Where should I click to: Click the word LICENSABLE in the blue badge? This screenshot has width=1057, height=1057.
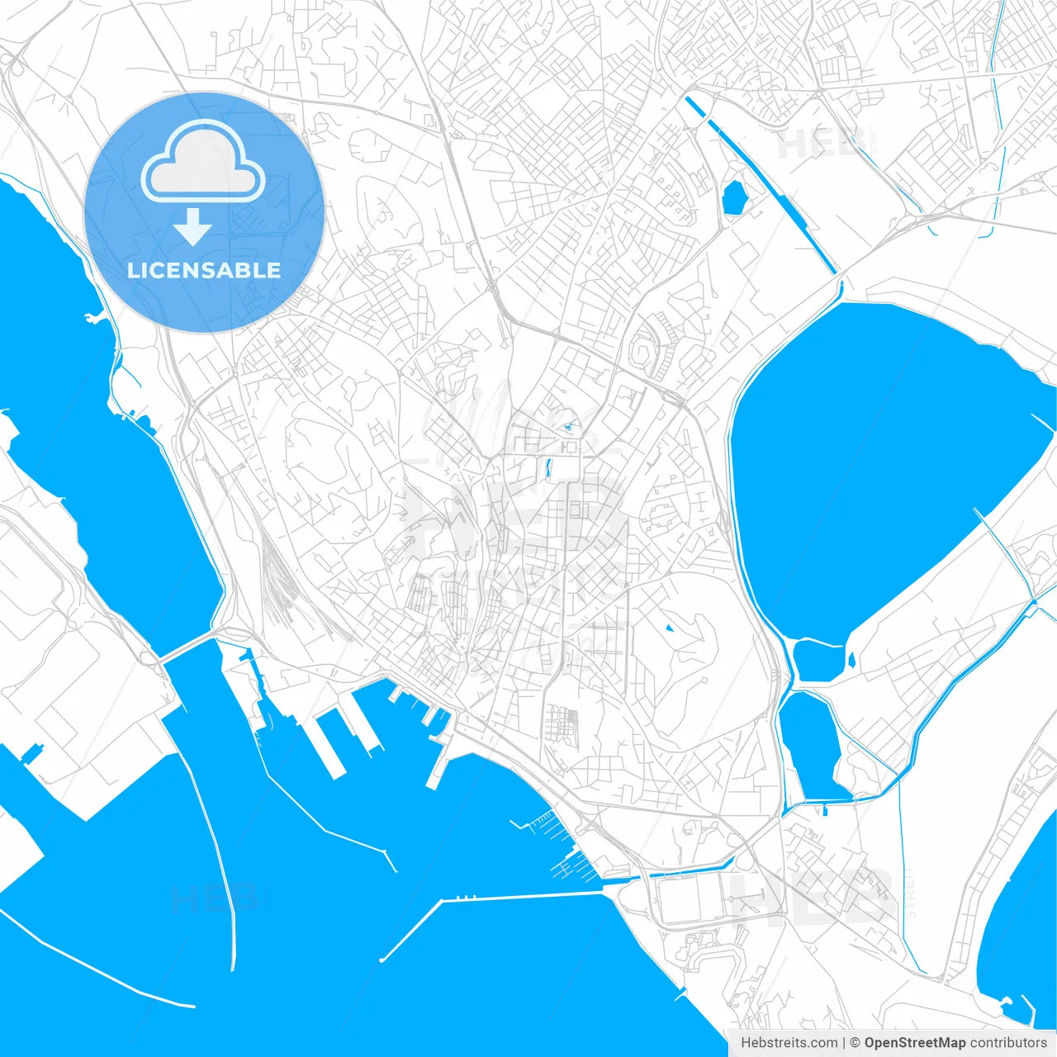(x=204, y=270)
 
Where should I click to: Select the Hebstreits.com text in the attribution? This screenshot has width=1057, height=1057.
(x=789, y=1043)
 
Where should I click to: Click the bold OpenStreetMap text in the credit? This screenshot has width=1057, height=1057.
(x=914, y=1043)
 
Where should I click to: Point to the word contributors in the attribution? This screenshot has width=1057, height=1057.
(x=1007, y=1043)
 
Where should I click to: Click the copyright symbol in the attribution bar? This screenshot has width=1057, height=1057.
(x=855, y=1043)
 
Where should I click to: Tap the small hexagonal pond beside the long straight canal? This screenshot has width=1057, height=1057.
(x=733, y=197)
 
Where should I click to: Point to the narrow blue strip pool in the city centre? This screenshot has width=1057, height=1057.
(x=547, y=469)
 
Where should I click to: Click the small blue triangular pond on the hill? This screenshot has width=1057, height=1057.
(x=668, y=628)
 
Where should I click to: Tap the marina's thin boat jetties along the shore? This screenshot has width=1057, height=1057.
(x=553, y=842)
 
